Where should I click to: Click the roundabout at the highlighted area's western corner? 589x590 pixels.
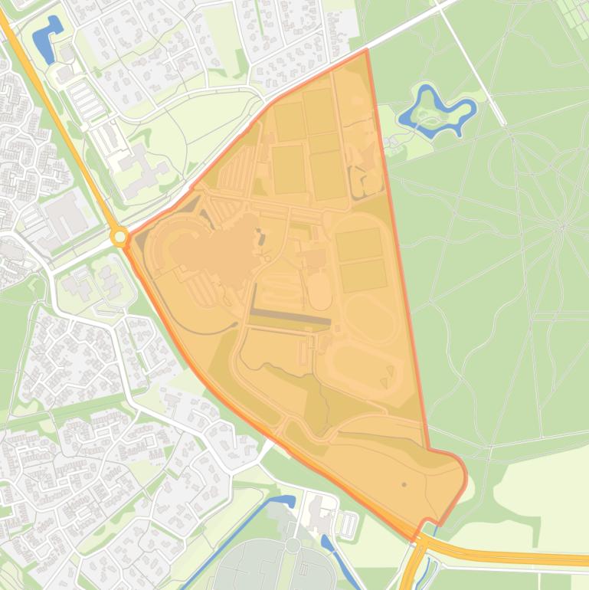[119, 238]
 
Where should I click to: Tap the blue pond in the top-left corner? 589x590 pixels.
[47, 36]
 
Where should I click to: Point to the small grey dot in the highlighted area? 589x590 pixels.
[404, 484]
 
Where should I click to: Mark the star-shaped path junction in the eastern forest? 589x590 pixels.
[563, 225]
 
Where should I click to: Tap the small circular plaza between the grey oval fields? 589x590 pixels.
[293, 546]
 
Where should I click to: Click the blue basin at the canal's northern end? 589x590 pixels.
[281, 501]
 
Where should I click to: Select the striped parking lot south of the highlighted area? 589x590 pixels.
[347, 524]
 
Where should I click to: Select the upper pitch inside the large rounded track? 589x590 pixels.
[359, 244]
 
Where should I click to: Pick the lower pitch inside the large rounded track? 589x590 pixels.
[363, 275]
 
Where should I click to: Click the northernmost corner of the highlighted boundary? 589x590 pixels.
[367, 50]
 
